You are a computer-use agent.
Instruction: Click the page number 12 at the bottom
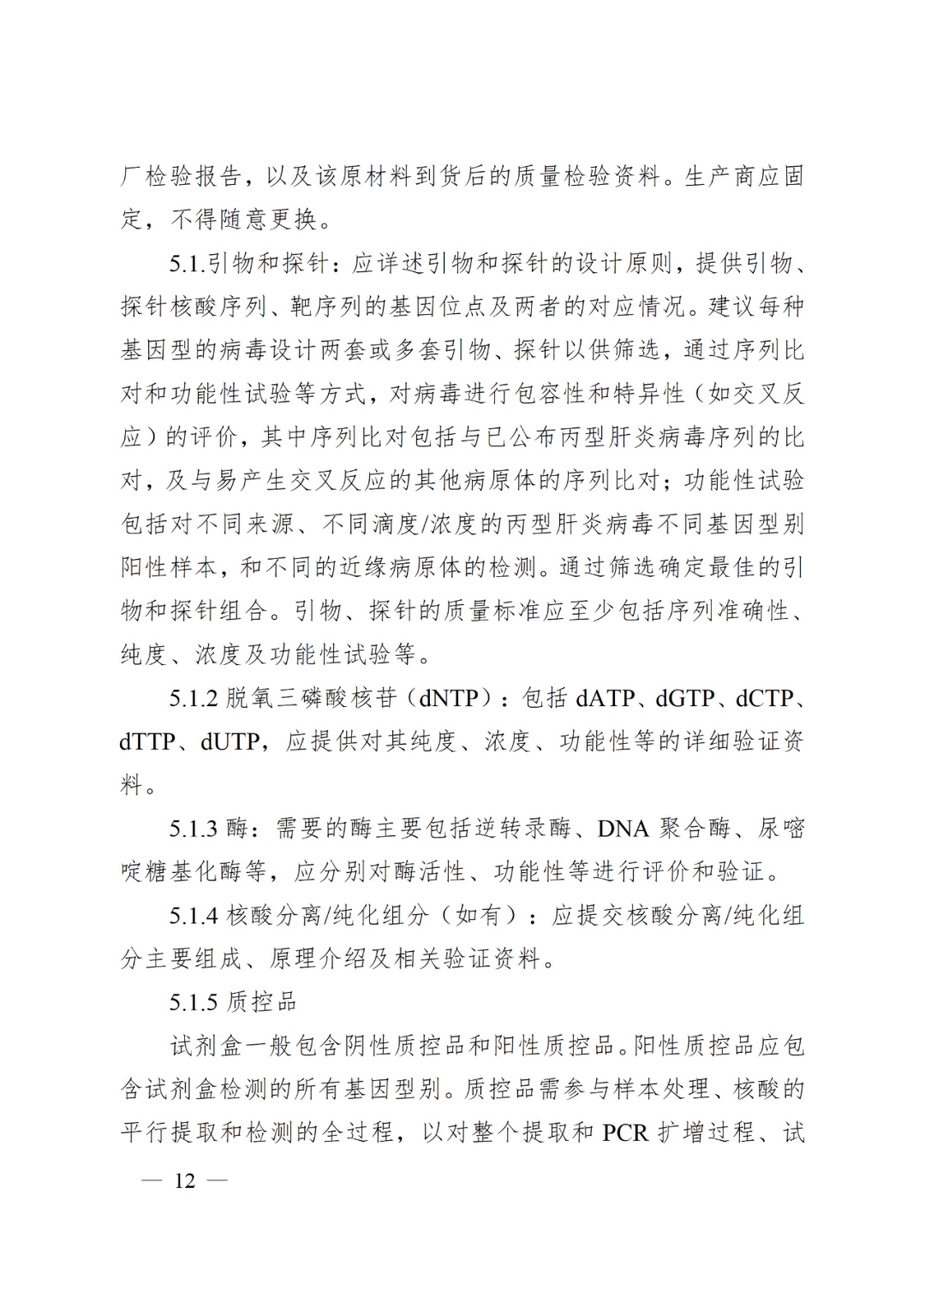pos(185,1181)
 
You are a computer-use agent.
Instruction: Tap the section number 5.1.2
pos(194,698)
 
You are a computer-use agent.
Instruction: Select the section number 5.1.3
pos(194,829)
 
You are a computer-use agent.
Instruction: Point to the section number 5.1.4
pos(194,916)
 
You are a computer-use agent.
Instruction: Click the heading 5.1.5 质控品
pos(232,1002)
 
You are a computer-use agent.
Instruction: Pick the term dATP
pos(606,698)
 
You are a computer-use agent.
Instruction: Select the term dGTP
pos(685,698)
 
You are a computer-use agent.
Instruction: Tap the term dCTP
pos(765,698)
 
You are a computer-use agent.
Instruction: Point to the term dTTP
pos(147,742)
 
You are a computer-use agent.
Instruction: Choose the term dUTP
pos(230,742)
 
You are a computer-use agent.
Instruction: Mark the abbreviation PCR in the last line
pos(625,1133)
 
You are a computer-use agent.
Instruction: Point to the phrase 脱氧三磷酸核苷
pos(312,698)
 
